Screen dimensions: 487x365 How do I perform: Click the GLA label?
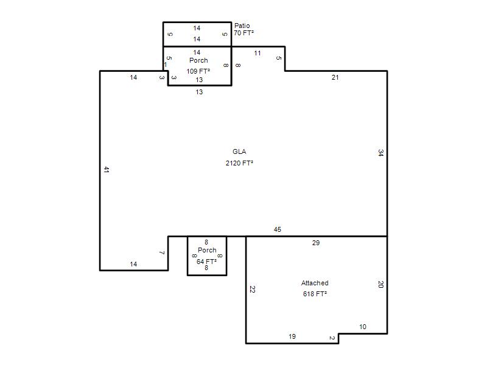click(x=239, y=151)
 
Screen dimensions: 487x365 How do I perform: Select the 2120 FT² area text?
click(x=239, y=163)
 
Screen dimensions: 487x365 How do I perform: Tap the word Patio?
click(x=242, y=26)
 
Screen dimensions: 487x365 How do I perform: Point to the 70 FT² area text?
click(x=244, y=33)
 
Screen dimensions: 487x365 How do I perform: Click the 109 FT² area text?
click(x=198, y=71)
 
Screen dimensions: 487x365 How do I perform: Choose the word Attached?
click(x=315, y=283)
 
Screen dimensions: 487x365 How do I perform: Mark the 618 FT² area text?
click(x=315, y=294)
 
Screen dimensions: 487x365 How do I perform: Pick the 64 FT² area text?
click(x=206, y=262)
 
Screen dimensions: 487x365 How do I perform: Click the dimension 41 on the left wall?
click(x=106, y=170)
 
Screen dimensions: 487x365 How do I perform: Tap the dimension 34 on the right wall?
click(x=381, y=153)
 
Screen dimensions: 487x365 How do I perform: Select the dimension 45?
click(x=278, y=229)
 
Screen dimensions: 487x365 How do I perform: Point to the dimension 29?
click(x=316, y=243)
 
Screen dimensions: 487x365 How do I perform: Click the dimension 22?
click(x=252, y=290)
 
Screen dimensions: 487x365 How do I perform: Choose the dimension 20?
click(x=381, y=284)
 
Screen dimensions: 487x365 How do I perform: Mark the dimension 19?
click(x=292, y=336)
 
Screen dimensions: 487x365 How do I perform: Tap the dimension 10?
click(x=363, y=327)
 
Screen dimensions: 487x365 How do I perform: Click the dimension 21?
click(x=335, y=77)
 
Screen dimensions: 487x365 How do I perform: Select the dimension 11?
click(x=257, y=53)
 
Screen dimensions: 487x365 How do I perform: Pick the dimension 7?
click(x=162, y=252)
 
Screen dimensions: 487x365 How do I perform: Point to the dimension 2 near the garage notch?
click(x=332, y=338)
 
